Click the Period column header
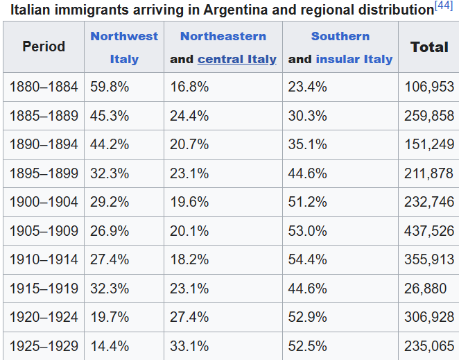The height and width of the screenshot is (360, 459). (44, 47)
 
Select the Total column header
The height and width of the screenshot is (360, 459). (429, 47)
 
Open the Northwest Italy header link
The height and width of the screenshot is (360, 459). (124, 47)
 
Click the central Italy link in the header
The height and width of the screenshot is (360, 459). (236, 59)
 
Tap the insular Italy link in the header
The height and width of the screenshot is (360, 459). (354, 59)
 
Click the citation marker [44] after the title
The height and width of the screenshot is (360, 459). (444, 6)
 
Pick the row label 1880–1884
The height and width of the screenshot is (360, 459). (44, 87)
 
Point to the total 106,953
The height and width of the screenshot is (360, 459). (428, 87)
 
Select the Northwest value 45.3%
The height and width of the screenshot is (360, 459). (110, 116)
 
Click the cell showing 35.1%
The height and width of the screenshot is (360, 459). (307, 145)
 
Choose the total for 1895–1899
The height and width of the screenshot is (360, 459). (428, 173)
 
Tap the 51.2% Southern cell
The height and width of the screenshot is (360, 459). (307, 202)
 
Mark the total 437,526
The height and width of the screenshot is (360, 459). (428, 231)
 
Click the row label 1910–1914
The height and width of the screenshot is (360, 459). (44, 259)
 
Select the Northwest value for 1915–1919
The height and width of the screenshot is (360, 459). (110, 288)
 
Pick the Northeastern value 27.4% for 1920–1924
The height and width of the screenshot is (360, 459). (189, 317)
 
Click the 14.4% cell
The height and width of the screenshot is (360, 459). (110, 345)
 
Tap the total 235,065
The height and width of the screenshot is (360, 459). (428, 345)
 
